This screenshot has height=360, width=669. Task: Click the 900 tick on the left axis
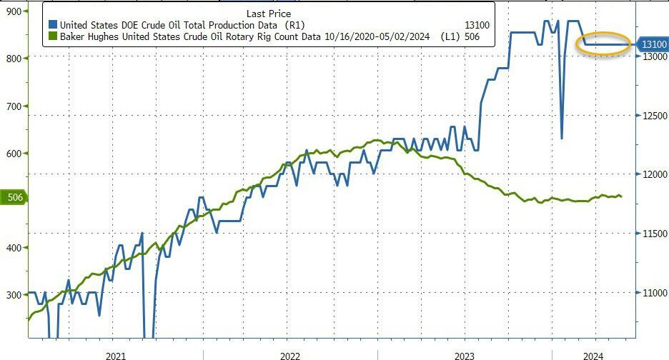(x=13, y=11)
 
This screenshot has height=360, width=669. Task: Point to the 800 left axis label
(x=13, y=58)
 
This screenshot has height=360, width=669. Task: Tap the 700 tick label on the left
(x=13, y=106)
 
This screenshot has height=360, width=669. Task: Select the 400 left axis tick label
(x=13, y=247)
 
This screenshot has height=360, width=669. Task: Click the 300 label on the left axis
(x=13, y=294)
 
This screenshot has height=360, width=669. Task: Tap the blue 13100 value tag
(x=653, y=44)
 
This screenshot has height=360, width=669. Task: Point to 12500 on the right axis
(x=653, y=116)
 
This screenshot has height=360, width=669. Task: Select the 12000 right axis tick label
(x=653, y=174)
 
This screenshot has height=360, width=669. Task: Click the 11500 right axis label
(x=653, y=234)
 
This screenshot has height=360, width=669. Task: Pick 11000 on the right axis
(x=653, y=293)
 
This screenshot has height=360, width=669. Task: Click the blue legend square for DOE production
(x=51, y=24)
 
